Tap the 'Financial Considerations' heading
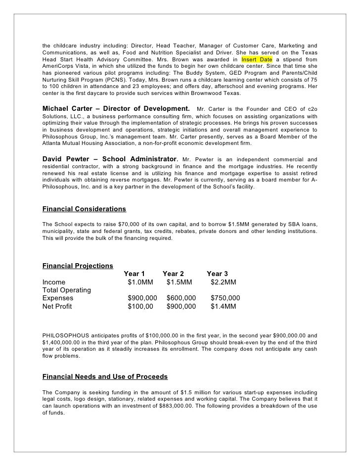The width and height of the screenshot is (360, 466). pos(85,209)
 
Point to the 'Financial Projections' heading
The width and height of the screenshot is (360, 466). pos(78,266)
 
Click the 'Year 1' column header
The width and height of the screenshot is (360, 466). pos(135,274)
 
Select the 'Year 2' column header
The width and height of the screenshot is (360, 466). pos(174,274)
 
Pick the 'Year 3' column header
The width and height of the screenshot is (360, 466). pos(218,274)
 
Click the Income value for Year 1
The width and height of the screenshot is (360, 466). pos(140,282)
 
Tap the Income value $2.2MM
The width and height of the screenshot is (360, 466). pos(224,282)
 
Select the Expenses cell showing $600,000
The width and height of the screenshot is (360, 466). pos(181,298)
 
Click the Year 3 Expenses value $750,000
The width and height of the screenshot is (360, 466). pos(225,298)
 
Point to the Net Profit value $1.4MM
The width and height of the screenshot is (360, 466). pos(224,307)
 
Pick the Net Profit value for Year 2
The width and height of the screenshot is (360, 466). pos(181,307)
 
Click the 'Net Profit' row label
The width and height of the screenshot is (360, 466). pos(57,307)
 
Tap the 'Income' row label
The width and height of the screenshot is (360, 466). pos(54,282)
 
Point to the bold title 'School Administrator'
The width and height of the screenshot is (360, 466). pos(140,159)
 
